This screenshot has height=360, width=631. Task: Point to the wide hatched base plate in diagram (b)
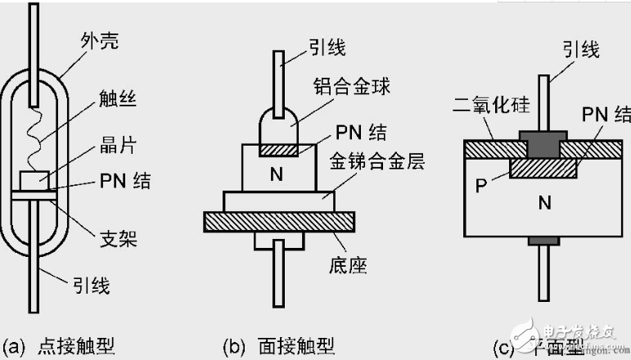pyautogui.click(x=278, y=221)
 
